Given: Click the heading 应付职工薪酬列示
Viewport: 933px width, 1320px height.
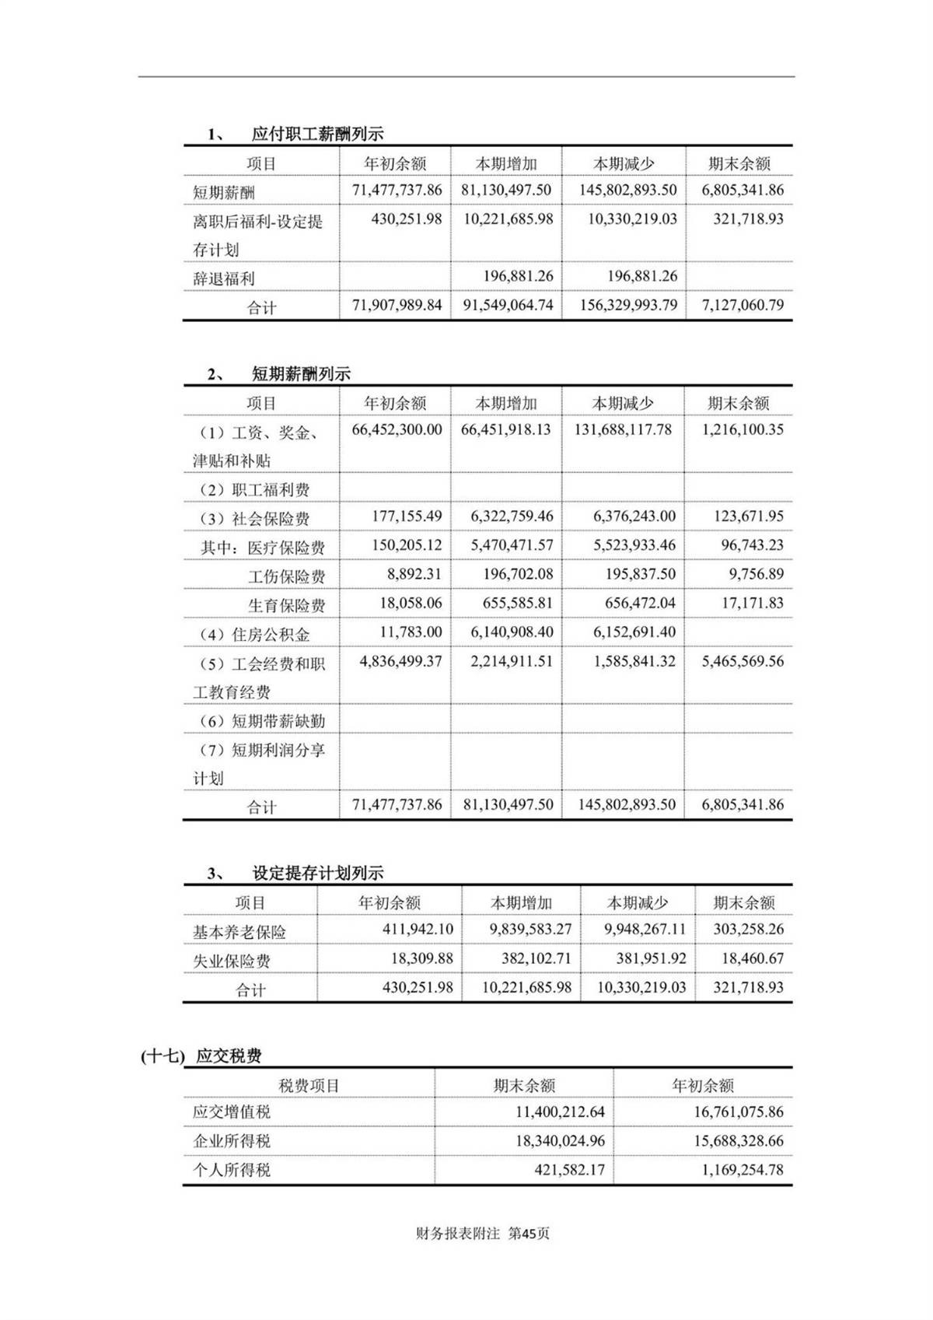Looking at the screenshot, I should tap(317, 134).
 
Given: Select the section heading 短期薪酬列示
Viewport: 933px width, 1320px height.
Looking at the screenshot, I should tap(301, 374).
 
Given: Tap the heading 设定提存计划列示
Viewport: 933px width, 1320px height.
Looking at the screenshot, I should tap(317, 874).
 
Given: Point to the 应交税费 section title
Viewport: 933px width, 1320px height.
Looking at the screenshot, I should tap(229, 1056).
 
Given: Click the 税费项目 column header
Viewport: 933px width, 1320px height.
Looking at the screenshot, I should tap(309, 1086).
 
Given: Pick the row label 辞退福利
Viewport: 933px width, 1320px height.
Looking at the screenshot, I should tap(224, 278).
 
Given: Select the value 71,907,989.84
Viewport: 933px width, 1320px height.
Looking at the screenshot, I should tap(397, 305).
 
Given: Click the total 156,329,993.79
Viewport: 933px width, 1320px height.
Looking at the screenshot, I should tap(627, 305).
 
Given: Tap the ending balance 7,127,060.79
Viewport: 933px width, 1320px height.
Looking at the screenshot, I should tap(743, 305).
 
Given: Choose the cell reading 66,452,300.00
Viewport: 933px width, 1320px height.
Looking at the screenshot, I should tap(397, 429).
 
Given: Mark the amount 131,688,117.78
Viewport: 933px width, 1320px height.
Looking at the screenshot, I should tap(623, 429).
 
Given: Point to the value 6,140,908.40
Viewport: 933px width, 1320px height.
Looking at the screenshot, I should tap(512, 632).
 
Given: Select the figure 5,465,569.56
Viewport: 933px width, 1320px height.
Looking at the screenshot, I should tap(743, 661).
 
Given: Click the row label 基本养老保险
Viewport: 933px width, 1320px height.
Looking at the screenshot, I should tap(239, 932).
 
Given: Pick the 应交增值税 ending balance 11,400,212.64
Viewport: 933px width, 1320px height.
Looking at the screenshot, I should tap(560, 1112).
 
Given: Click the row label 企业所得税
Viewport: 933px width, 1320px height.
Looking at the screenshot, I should tap(232, 1141).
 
